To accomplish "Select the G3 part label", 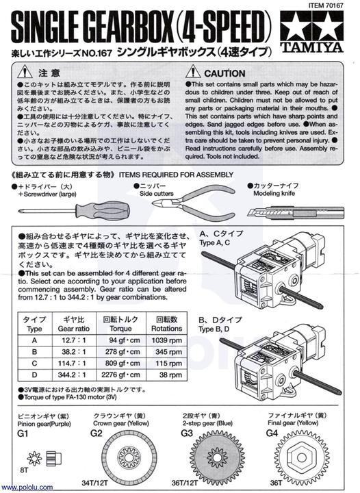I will click(x=186, y=433).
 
